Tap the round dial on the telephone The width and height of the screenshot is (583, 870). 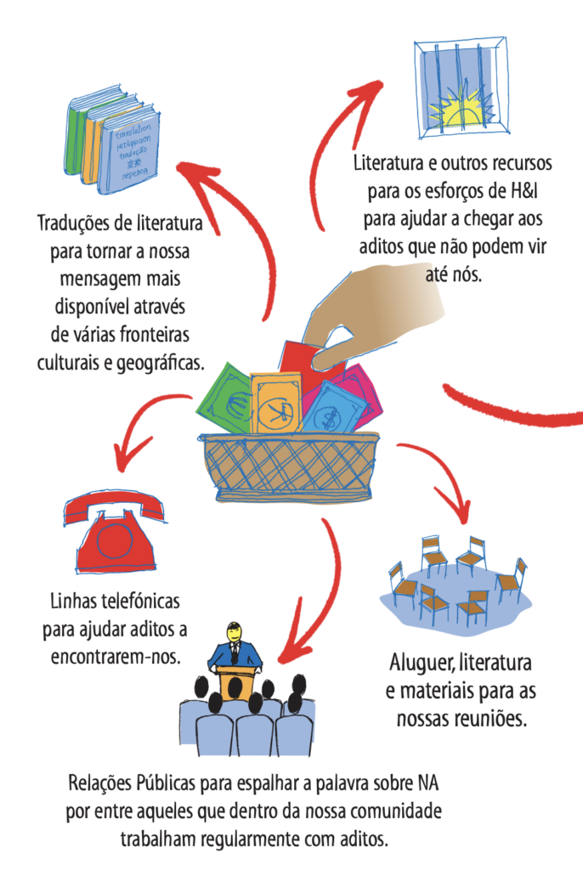(115, 541)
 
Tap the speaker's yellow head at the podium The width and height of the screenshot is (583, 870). (235, 632)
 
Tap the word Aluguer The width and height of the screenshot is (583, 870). (423, 663)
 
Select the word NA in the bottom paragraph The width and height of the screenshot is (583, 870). (427, 783)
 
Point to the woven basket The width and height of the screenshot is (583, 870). (289, 467)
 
